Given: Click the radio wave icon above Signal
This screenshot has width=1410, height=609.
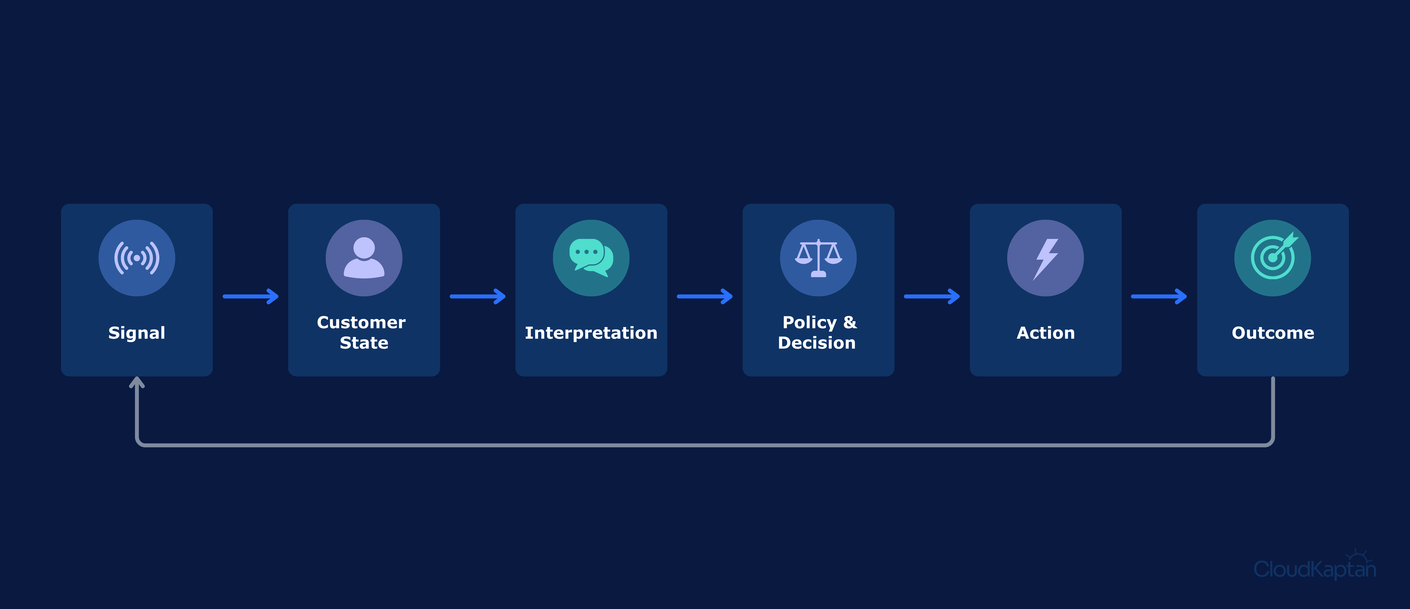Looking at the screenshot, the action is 137,258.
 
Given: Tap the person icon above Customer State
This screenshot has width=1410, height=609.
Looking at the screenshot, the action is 364,258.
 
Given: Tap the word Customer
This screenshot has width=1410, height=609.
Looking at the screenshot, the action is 361,322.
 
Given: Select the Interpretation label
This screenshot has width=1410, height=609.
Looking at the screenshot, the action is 591,333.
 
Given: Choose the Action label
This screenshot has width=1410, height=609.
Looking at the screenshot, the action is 1045,333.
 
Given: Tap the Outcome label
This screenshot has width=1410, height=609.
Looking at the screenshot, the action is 1273,333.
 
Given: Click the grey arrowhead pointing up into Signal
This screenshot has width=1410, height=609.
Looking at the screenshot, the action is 137,382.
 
